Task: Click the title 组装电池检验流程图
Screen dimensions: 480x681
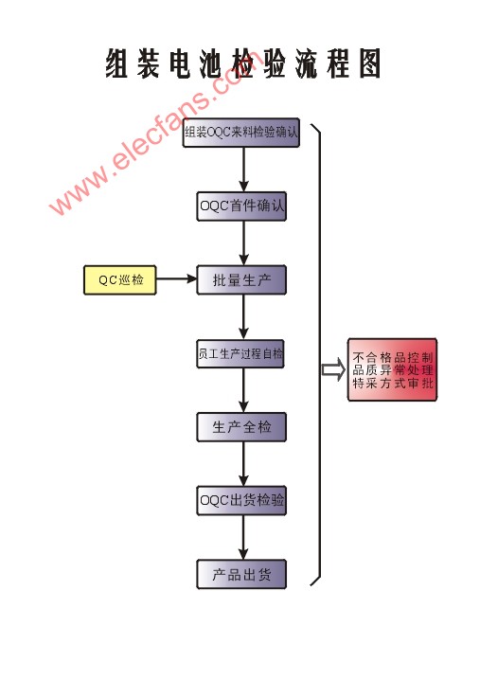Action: [x=243, y=63]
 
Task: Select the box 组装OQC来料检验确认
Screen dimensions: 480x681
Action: [x=241, y=132]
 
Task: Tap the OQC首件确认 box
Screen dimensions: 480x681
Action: [x=241, y=206]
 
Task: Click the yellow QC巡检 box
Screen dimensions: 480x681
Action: [x=120, y=280]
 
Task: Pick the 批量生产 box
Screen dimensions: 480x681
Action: [x=241, y=280]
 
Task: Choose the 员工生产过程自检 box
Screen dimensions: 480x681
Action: [x=240, y=354]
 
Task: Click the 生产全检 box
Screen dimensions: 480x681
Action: [x=241, y=427]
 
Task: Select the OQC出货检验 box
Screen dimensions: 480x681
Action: [x=241, y=501]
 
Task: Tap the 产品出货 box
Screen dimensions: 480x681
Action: [x=241, y=575]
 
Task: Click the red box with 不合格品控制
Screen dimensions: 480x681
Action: [x=392, y=369]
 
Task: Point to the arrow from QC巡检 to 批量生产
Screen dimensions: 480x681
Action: [x=176, y=278]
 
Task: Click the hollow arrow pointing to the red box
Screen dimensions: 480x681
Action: [x=333, y=369]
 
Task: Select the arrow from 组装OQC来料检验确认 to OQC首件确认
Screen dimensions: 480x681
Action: [x=243, y=170]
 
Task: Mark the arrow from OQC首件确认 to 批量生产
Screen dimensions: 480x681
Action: [x=243, y=243]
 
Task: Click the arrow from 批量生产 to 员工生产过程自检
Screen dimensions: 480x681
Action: [x=243, y=317]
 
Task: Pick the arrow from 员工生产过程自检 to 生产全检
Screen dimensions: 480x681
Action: [x=243, y=390]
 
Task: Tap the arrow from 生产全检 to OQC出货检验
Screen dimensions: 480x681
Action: [x=243, y=464]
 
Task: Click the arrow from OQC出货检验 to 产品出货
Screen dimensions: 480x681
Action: [x=243, y=538]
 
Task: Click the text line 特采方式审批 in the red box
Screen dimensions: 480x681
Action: [x=392, y=383]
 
